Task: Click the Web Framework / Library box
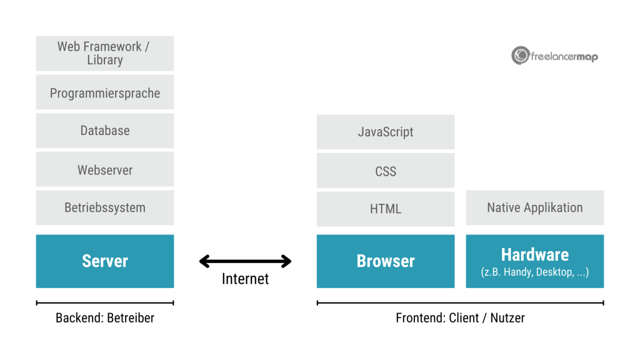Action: (105, 53)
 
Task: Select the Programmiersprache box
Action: (105, 92)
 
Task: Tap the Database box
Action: (105, 131)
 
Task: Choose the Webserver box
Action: (105, 169)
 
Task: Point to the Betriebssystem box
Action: (105, 207)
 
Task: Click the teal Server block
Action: (105, 261)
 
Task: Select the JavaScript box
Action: (386, 132)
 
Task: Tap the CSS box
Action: (386, 171)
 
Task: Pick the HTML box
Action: (386, 209)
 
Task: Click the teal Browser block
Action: (386, 261)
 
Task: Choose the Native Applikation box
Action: (535, 207)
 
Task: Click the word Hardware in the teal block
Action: (535, 254)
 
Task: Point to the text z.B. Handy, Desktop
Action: (535, 272)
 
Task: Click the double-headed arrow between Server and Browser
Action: (246, 261)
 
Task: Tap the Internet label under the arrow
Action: (246, 279)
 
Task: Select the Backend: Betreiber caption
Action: (105, 317)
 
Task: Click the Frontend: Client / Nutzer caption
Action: (460, 317)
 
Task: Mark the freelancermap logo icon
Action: (520, 56)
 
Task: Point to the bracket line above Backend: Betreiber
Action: (105, 303)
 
